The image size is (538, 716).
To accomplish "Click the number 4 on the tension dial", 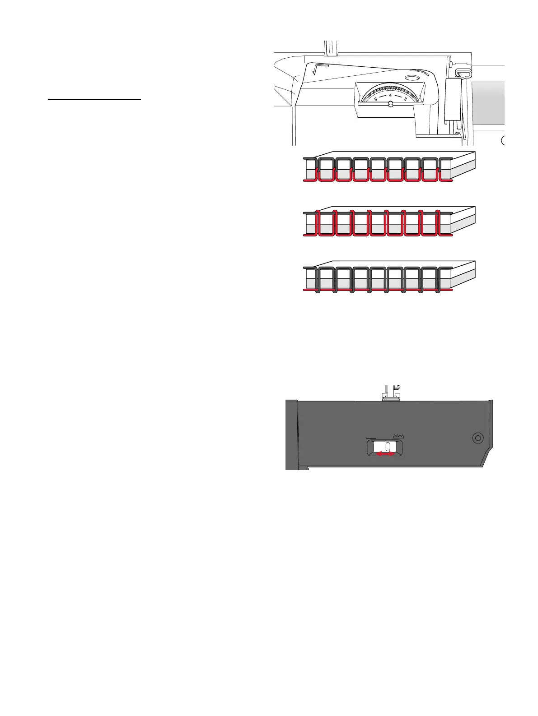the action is pos(390,95).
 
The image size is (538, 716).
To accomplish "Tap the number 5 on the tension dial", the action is pos(376,99).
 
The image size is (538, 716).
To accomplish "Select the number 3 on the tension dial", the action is pos(405,99).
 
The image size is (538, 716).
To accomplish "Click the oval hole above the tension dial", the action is pos(412,78).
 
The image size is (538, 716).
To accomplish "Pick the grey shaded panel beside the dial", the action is pos(487,103).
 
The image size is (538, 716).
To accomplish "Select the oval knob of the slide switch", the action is pos(388,447).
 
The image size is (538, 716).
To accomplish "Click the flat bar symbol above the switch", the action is pos(371,437).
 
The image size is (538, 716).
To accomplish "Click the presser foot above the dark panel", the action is pos(391,395).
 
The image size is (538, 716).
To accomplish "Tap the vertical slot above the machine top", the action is pos(331,47).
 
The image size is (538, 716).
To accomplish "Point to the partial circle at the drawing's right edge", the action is pos(503,141).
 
